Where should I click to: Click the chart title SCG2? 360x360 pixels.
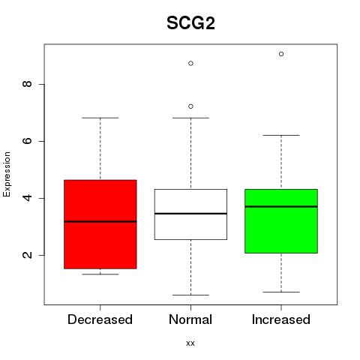click(190, 23)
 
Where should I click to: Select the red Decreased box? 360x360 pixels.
click(100, 224)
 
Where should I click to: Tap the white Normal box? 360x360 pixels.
click(190, 214)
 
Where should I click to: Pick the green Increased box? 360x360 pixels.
click(281, 221)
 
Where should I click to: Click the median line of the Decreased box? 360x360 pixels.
click(100, 221)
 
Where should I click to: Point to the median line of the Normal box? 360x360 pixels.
click(190, 214)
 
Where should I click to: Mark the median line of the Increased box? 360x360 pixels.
click(281, 206)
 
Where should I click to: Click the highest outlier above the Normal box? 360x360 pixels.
click(190, 64)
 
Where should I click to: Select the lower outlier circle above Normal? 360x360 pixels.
click(190, 106)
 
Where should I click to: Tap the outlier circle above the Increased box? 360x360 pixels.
click(281, 54)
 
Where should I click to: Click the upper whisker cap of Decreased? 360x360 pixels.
click(100, 118)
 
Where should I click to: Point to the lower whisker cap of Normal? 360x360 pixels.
click(190, 295)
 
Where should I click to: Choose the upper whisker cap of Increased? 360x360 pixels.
click(281, 135)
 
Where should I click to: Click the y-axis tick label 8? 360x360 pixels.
click(28, 84)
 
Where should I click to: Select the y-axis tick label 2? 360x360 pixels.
click(28, 255)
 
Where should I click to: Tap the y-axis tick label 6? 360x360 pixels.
click(28, 141)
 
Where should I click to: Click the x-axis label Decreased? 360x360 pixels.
click(100, 319)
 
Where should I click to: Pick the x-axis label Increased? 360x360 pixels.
click(281, 319)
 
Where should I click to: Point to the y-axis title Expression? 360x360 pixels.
click(7, 174)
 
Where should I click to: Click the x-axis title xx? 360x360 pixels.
click(190, 343)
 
